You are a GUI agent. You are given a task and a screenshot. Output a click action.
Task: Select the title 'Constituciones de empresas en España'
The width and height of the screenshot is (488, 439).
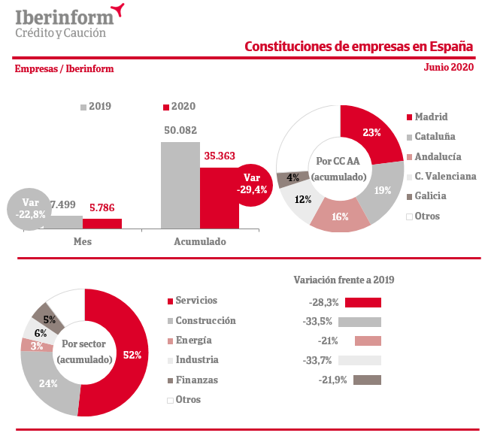click(359, 47)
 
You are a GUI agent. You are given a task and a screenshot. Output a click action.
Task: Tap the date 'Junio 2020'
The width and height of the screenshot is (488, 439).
click(449, 68)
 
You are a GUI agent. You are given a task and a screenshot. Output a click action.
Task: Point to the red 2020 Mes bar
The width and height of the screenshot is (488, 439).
click(102, 223)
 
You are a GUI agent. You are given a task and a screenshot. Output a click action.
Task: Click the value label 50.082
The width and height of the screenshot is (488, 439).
click(180, 130)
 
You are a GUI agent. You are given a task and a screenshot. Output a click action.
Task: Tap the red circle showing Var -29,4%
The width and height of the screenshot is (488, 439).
click(251, 183)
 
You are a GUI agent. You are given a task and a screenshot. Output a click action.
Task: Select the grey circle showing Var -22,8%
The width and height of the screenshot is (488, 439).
click(29, 208)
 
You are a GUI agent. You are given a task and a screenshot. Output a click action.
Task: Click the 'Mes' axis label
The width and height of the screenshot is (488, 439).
click(83, 241)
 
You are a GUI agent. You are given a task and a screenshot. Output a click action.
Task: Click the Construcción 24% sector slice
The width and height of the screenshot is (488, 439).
click(49, 383)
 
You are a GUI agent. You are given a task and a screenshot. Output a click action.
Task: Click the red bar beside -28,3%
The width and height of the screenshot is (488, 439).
click(362, 302)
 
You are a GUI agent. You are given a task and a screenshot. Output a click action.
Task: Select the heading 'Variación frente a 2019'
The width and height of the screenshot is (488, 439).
click(344, 280)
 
